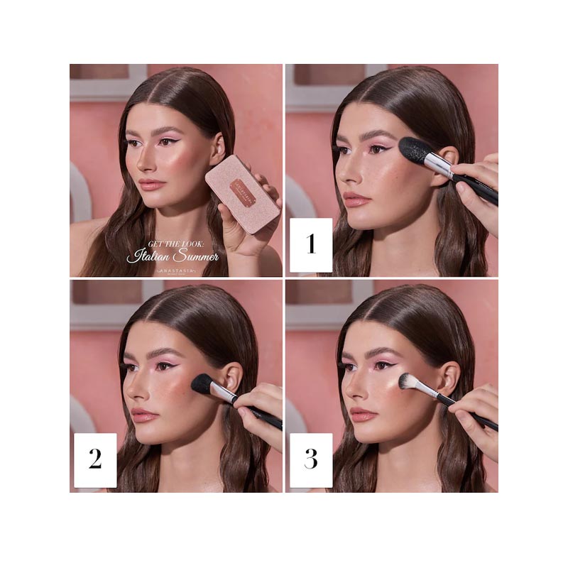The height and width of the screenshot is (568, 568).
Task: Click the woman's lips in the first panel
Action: (151, 185)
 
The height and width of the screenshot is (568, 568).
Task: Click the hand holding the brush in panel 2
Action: (259, 405)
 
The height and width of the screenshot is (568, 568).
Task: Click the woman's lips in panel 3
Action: (362, 413)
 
